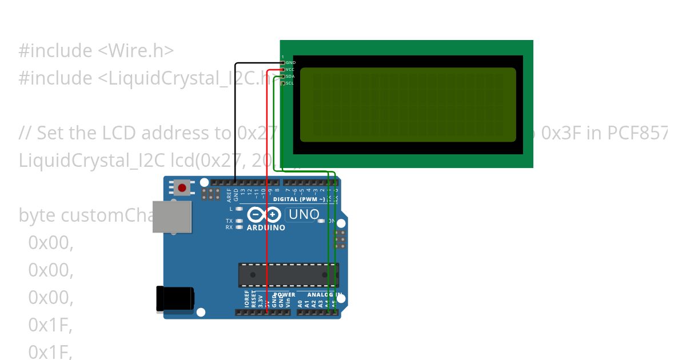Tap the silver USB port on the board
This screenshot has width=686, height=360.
[172, 217]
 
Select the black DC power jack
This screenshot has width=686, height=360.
[175, 299]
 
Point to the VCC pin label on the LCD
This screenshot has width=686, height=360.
[290, 69]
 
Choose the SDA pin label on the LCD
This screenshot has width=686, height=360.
[290, 76]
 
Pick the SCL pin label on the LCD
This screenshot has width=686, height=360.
[290, 83]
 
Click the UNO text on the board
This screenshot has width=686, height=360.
[304, 215]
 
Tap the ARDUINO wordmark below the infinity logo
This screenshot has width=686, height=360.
[266, 227]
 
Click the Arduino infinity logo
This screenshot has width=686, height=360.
[264, 215]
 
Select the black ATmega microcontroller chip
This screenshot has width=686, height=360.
[288, 275]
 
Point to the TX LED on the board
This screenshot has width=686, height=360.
[239, 221]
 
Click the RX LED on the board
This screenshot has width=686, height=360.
[239, 227]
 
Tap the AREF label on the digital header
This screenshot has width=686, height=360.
[229, 196]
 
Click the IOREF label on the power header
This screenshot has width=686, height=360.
[247, 299]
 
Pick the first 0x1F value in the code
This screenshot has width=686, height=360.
[50, 325]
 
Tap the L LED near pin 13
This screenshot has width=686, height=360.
[239, 210]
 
